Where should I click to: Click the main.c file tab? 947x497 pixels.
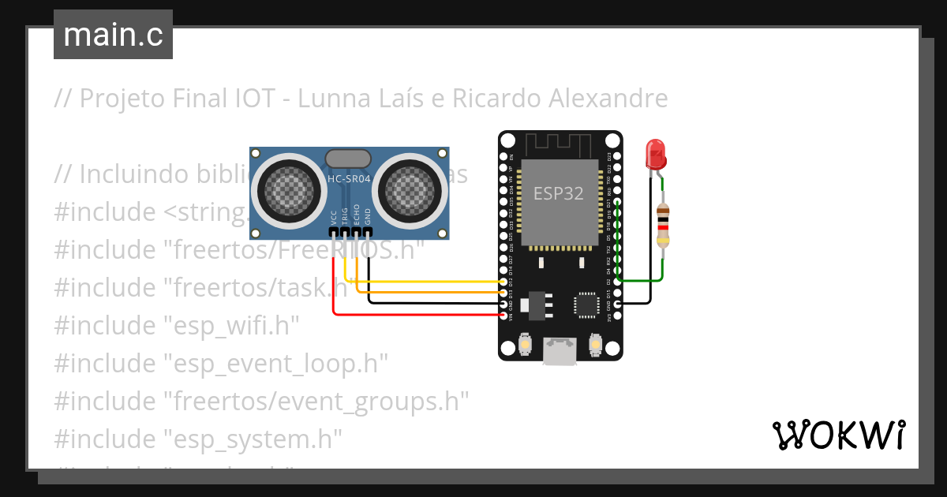(x=113, y=35)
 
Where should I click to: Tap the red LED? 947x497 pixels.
(x=655, y=154)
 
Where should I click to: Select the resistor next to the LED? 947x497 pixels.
(x=664, y=224)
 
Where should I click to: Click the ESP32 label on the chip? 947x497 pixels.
(x=559, y=193)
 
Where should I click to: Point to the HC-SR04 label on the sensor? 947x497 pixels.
(x=349, y=178)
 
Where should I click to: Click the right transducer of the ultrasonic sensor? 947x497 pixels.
(x=411, y=189)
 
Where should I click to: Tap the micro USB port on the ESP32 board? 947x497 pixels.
(x=560, y=352)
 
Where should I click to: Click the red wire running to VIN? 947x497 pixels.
(x=418, y=315)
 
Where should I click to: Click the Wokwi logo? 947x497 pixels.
(x=838, y=435)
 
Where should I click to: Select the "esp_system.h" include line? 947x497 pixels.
(x=197, y=436)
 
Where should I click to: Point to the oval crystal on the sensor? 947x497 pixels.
(x=347, y=158)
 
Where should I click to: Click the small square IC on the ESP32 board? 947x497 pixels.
(x=587, y=305)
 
